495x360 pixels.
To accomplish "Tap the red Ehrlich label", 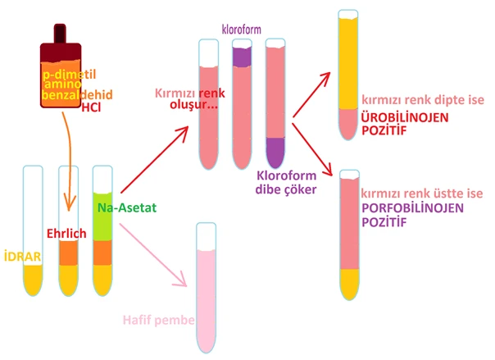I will point(66,234).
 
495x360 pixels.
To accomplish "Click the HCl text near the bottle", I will point(90,107).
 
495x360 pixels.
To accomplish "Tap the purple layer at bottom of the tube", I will point(275,152).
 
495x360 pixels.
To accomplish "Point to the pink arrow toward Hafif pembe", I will point(156,254).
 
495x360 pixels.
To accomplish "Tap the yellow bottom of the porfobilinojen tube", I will point(349,283).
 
